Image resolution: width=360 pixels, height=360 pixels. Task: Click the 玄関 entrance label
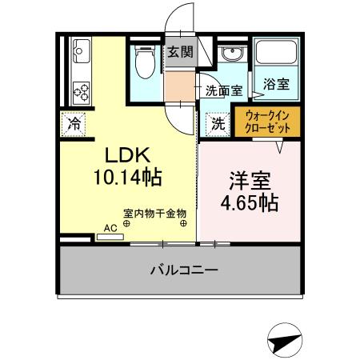pyautogui.click(x=181, y=53)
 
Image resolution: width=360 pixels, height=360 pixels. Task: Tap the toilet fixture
pyautogui.click(x=146, y=64)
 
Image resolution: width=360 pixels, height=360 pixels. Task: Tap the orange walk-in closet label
pyautogui.click(x=266, y=121)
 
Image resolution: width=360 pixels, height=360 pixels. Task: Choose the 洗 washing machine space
pyautogui.click(x=218, y=123)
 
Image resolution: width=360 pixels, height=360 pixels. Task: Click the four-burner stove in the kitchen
pyautogui.click(x=81, y=92)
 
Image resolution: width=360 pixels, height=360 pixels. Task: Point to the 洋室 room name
pyautogui.click(x=250, y=181)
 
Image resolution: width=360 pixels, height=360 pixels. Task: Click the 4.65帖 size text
pyautogui.click(x=250, y=203)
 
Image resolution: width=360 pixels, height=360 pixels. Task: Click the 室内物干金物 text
pyautogui.click(x=154, y=214)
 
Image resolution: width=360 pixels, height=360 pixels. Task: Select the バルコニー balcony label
pyautogui.click(x=183, y=270)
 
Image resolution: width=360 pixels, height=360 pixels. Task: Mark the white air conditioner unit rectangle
pyautogui.click(x=77, y=238)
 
